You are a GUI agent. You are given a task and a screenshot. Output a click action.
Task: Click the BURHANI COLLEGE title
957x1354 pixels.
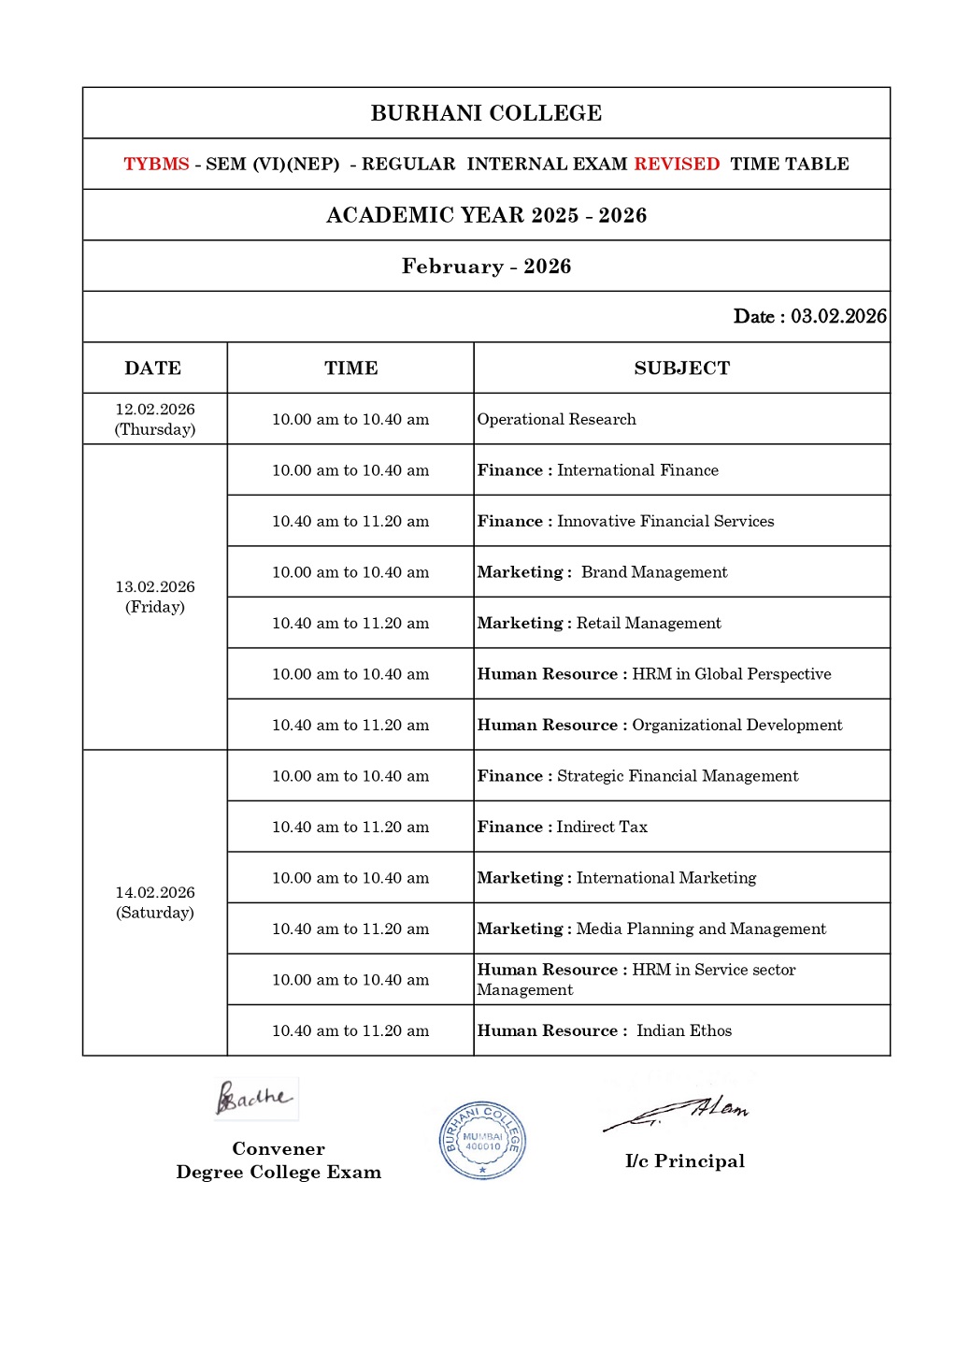click(x=486, y=113)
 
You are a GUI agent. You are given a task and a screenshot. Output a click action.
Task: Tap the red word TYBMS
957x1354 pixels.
click(x=156, y=165)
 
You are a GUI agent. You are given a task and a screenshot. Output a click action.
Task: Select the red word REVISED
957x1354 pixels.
click(x=677, y=165)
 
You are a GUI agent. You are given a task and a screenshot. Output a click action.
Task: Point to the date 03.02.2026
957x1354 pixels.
click(x=838, y=316)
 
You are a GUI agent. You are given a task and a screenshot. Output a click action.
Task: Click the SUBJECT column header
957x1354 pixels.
click(x=681, y=368)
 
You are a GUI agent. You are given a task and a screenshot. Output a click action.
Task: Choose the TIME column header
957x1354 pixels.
click(x=350, y=368)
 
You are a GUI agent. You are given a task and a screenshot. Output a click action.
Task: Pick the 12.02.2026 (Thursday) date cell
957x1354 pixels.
click(x=155, y=419)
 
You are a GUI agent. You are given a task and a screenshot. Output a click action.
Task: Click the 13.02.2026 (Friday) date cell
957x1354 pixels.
click(x=155, y=597)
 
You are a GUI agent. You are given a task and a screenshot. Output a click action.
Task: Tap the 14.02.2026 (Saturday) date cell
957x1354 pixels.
click(x=155, y=902)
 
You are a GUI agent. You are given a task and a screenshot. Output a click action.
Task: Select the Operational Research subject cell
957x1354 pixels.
click(x=557, y=419)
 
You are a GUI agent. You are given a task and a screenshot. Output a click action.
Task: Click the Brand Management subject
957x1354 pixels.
click(x=653, y=572)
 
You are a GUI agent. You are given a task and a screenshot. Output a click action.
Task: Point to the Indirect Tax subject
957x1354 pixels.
click(x=602, y=827)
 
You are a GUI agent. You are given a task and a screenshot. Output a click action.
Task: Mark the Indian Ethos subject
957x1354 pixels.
click(x=684, y=1030)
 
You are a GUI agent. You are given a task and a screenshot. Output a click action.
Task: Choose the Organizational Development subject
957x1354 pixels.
click(x=736, y=725)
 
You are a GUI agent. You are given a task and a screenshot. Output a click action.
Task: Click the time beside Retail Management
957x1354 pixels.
click(x=350, y=623)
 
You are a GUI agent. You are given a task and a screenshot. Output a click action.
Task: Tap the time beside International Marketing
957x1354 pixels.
click(x=350, y=878)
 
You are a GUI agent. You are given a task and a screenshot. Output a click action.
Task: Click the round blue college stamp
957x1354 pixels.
click(x=482, y=1140)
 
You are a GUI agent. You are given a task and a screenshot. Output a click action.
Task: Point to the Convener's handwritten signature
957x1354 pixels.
click(x=253, y=1098)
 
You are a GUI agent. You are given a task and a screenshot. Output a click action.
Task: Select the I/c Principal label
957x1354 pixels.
click(x=685, y=1161)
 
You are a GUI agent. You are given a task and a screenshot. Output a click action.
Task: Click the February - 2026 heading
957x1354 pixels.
click(x=486, y=266)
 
